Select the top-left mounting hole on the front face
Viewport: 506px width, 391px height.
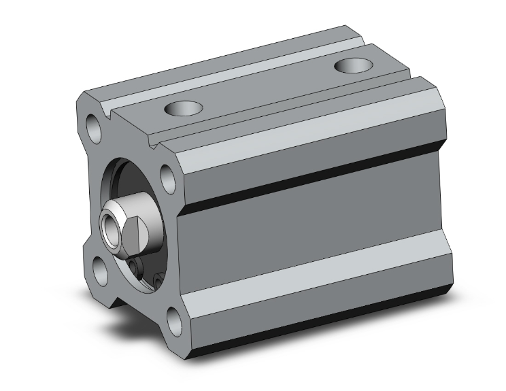click(x=91, y=124)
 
